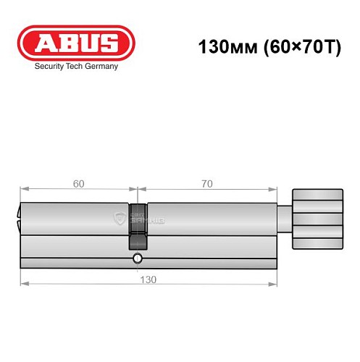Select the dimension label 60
pos(78,184)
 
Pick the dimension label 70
pos(206,184)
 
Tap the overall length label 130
pos(148,279)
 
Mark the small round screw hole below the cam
pos(136,258)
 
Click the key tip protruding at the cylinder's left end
pos(17,216)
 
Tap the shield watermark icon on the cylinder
pos(120,216)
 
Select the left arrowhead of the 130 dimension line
pos(22,284)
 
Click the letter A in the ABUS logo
pos(45,42)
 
